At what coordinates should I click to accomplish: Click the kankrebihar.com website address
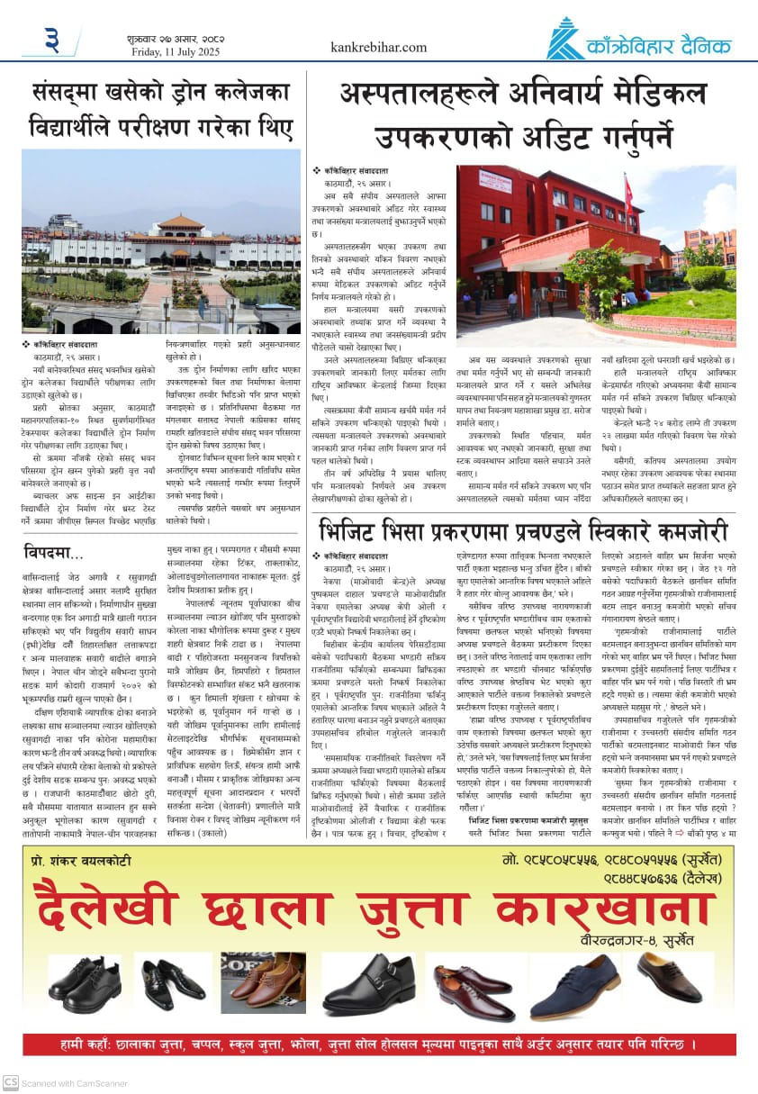coord(378,47)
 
